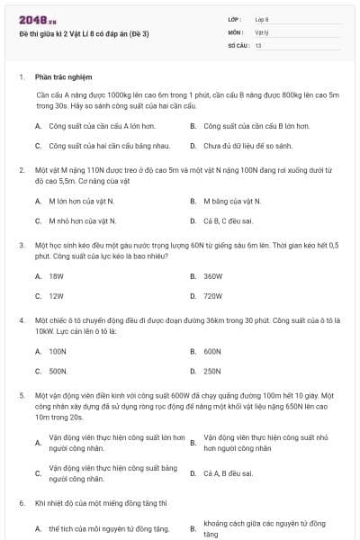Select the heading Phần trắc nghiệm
(64, 77)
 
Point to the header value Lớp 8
(262, 19)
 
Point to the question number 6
(21, 502)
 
